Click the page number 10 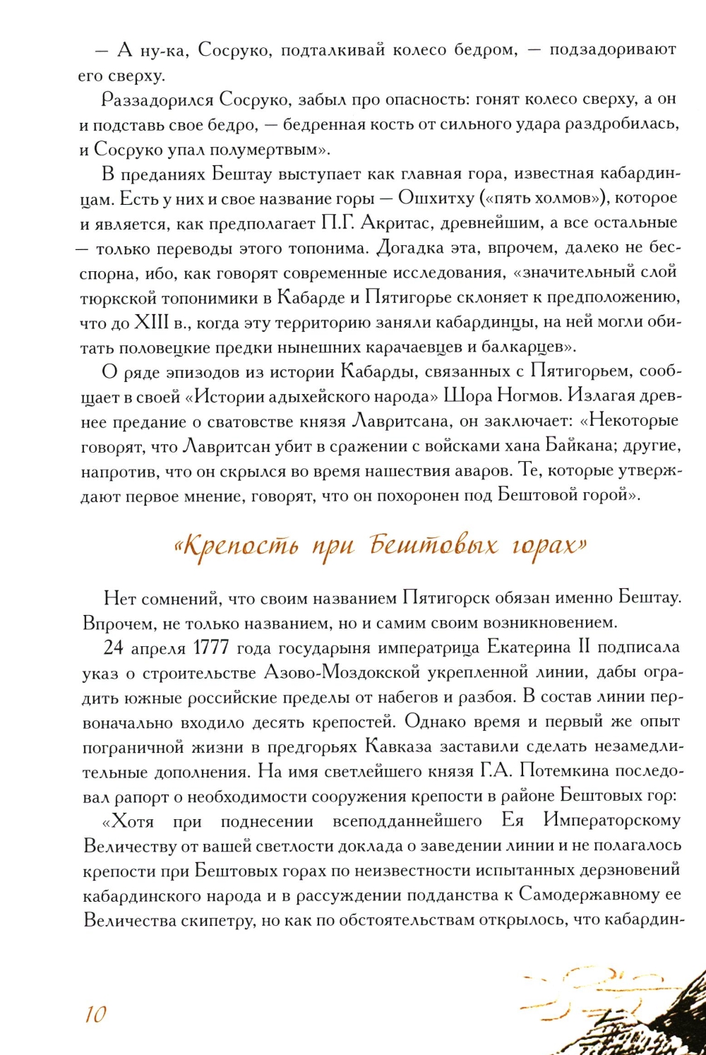coord(95,1014)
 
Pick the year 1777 coord(210,648)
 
